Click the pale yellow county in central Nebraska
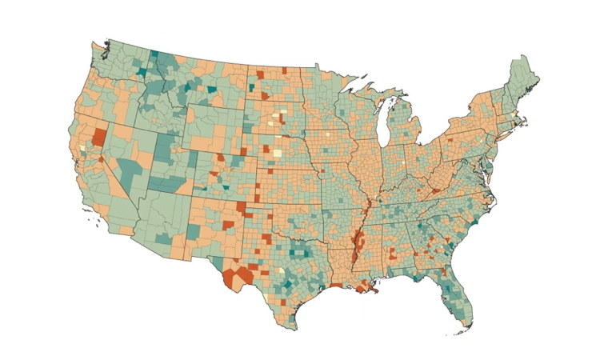[278, 152]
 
